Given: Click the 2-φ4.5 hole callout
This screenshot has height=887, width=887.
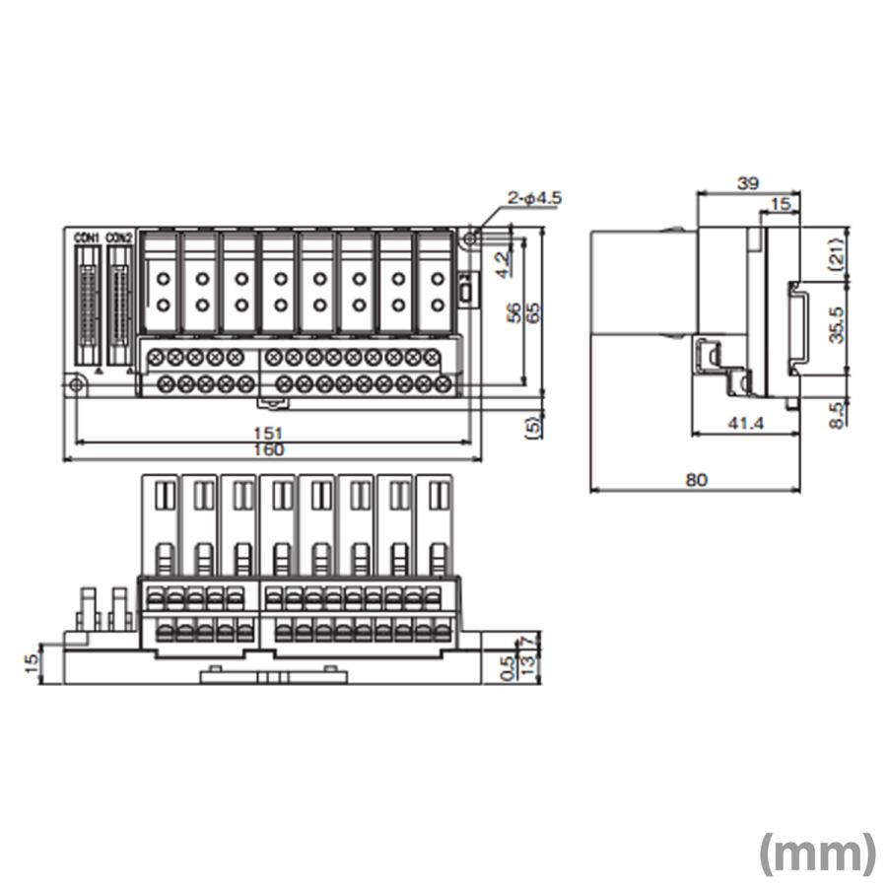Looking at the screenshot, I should (534, 198).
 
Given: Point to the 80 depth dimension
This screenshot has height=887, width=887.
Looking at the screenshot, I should (697, 480).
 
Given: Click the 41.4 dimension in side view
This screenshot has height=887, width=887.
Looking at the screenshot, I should (745, 423).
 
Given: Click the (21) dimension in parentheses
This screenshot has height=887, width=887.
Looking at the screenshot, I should (837, 253).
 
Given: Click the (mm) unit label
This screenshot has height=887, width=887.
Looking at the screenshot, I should (817, 853).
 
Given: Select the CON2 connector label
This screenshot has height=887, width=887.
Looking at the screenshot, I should (119, 237).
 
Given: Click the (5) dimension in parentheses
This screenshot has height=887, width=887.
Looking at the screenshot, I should (533, 426).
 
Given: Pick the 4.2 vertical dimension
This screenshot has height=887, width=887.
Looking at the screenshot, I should (502, 264).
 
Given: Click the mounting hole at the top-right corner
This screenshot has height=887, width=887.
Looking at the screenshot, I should (471, 237).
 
